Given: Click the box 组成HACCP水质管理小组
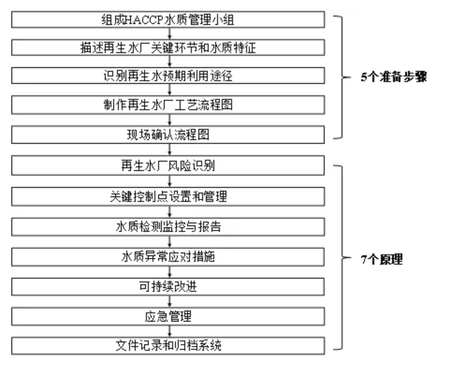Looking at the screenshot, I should pyautogui.click(x=169, y=20).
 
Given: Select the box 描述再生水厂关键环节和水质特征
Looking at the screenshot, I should pyautogui.click(x=169, y=48).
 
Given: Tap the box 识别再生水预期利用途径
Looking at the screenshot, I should pyautogui.click(x=169, y=76).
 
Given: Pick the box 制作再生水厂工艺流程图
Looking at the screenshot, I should pyautogui.click(x=169, y=104).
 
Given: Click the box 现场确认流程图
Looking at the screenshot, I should pyautogui.click(x=169, y=134).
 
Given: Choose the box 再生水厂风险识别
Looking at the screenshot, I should pyautogui.click(x=169, y=166).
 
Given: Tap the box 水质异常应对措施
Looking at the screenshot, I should pyautogui.click(x=169, y=255).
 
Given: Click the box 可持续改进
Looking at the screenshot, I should pyautogui.click(x=169, y=285).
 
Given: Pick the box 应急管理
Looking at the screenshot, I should pyautogui.click(x=169, y=314).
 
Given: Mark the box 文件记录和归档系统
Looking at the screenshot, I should pyautogui.click(x=169, y=344).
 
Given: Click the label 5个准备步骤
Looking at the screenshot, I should pyautogui.click(x=393, y=79).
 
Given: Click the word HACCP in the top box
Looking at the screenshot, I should pyautogui.click(x=137, y=20).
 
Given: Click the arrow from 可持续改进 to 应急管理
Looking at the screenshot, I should pyautogui.click(x=169, y=300).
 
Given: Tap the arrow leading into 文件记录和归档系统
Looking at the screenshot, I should pyautogui.click(x=169, y=329).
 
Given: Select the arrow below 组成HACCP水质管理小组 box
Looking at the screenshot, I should pyautogui.click(x=169, y=34).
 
